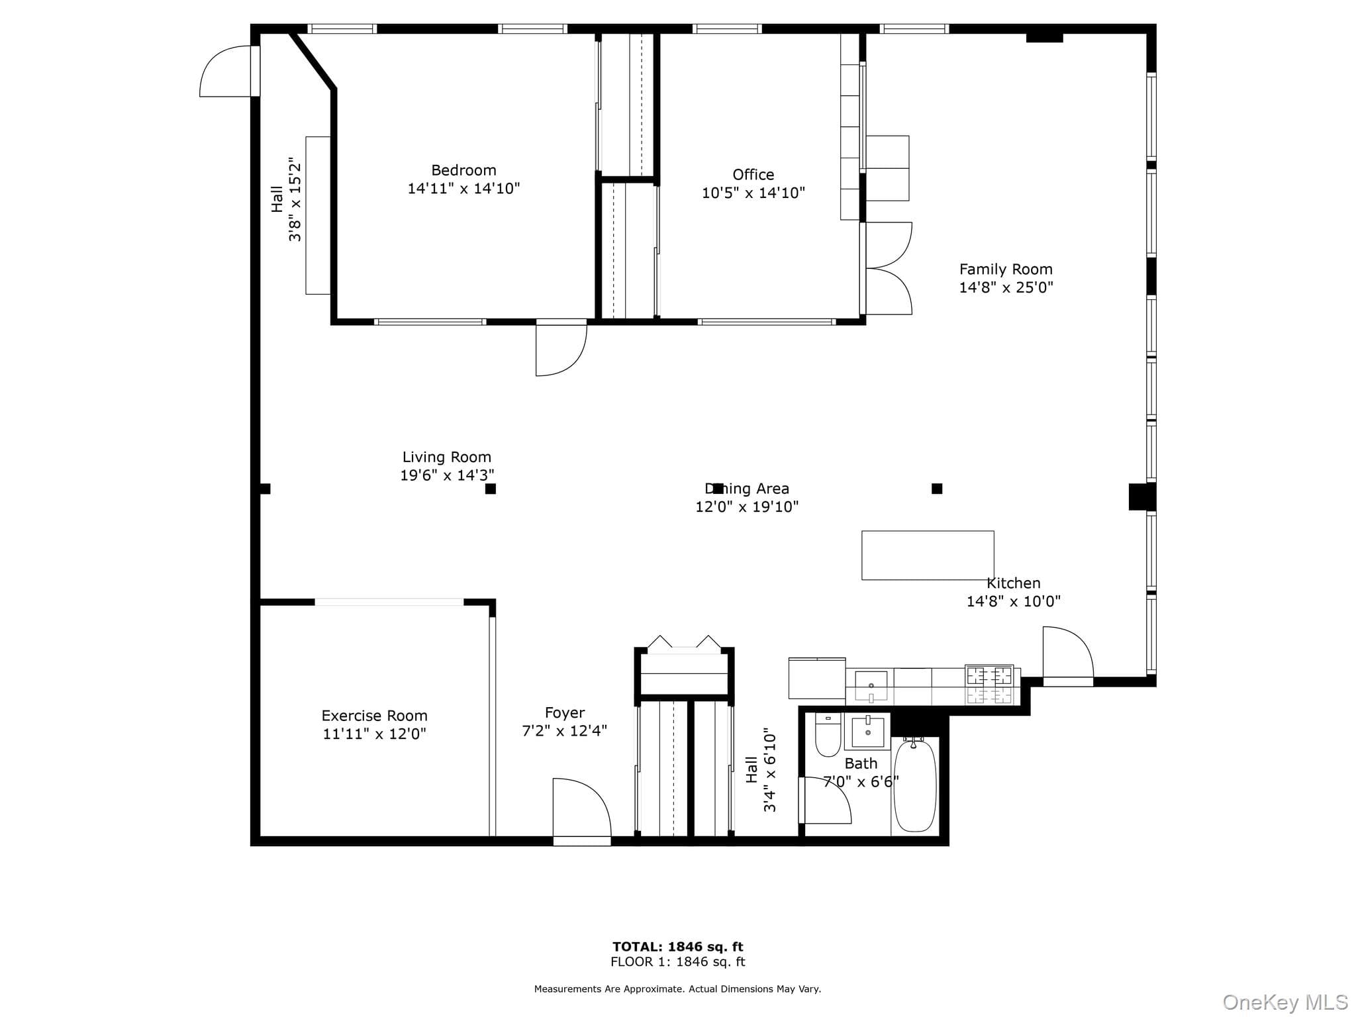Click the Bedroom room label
[463, 170]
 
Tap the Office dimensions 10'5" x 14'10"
[753, 193]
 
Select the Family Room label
[1006, 269]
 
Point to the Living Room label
[447, 457]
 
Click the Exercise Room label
[375, 716]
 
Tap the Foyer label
[565, 713]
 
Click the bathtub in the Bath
[915, 785]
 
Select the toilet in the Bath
[828, 735]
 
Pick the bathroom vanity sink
[867, 732]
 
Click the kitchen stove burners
[989, 684]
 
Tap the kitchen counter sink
[871, 687]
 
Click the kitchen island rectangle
[928, 556]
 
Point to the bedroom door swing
[561, 348]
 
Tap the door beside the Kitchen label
[1067, 655]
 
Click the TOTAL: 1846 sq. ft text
[678, 947]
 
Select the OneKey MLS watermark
[1285, 1002]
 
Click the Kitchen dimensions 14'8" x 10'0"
[1014, 601]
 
